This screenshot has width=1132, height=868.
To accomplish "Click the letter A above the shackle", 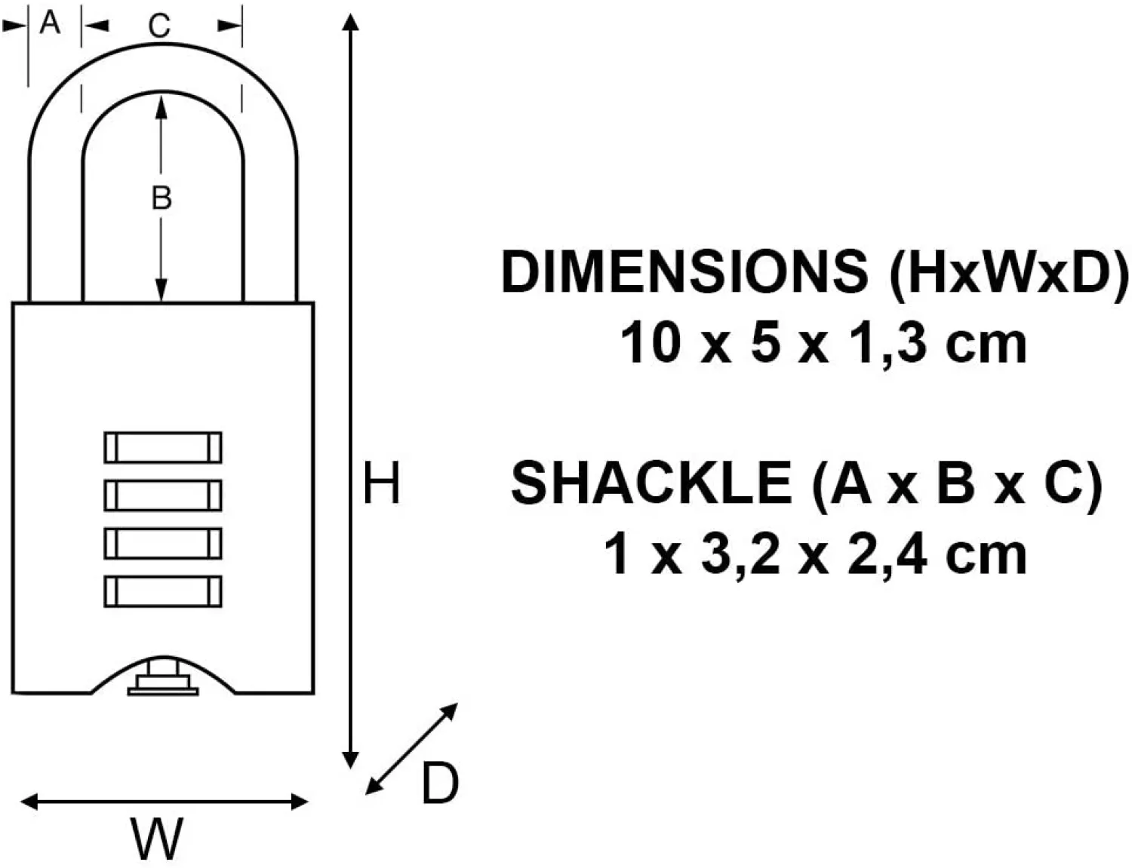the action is (50, 23).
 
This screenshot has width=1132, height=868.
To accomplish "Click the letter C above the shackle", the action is (159, 26).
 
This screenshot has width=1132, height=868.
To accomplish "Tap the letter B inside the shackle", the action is (161, 198).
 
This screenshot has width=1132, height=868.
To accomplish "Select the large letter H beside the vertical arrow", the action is (381, 482).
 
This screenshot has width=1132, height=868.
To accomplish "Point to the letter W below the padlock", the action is (156, 839).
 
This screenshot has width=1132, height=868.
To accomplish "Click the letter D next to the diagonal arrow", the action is (440, 784).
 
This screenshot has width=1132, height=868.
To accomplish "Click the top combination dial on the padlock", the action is (163, 447).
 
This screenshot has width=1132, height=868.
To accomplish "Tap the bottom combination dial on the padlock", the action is (163, 591).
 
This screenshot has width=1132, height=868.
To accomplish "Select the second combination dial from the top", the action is (163, 495).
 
